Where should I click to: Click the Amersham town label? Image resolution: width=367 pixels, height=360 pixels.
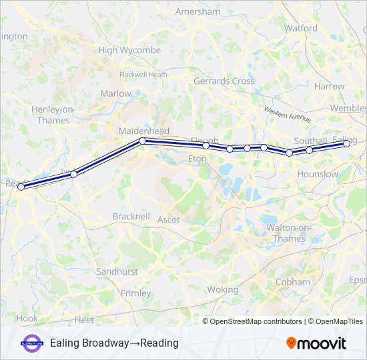(198, 11)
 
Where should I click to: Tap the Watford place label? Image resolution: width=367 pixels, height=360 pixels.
(301, 28)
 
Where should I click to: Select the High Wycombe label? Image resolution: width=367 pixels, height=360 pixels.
(129, 50)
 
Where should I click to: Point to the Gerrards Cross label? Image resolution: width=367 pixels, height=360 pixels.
(224, 81)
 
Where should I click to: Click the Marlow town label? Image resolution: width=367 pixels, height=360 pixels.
(116, 94)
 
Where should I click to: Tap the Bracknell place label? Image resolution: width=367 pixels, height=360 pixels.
(131, 217)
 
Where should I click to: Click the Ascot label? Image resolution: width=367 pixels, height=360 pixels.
(169, 219)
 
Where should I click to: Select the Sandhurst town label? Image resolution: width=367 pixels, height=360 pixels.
(117, 272)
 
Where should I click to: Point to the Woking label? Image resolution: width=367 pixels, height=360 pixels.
(222, 290)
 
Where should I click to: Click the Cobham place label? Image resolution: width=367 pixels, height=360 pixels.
(293, 282)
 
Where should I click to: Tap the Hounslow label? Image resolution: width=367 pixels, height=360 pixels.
(320, 174)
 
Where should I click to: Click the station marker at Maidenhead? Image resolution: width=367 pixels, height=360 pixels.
(142, 141)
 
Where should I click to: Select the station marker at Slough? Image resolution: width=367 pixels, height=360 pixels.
(206, 145)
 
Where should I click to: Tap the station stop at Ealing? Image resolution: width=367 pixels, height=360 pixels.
(346, 143)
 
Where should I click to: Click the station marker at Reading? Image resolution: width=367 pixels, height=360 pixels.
(21, 187)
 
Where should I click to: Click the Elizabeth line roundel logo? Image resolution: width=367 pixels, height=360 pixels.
(32, 343)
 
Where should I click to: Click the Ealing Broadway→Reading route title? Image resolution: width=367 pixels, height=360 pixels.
(114, 343)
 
